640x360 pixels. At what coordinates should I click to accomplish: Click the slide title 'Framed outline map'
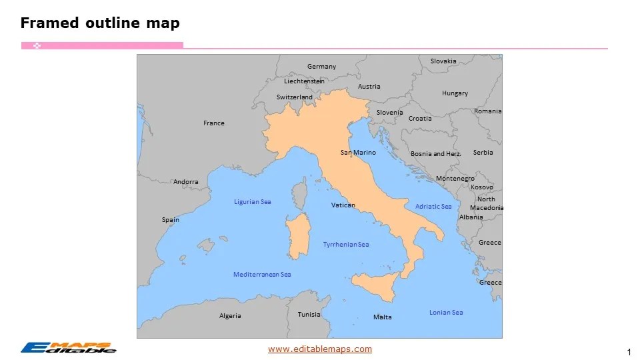point(100,23)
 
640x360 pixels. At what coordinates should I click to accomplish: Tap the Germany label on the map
point(321,67)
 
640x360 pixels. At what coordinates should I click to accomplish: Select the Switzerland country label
point(294,97)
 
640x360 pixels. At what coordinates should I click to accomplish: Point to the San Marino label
point(358,153)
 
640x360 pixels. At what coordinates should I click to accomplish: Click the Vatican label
point(343,205)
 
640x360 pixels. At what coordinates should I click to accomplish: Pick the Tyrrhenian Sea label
point(346,245)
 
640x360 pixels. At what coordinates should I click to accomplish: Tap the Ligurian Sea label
point(252,202)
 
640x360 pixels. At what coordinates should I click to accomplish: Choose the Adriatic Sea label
point(433,207)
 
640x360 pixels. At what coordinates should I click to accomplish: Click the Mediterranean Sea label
point(262,275)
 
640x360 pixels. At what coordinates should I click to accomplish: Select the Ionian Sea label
point(446,313)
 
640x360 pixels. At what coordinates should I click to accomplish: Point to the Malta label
point(383,317)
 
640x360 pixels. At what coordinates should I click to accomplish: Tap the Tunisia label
point(309,315)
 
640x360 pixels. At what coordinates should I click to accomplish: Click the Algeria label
point(230,316)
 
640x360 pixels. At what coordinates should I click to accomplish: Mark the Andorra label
point(186,182)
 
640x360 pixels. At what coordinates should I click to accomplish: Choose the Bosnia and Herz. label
point(436,154)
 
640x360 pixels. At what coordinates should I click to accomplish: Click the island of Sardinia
point(298,237)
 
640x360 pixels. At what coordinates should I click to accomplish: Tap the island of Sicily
point(377,285)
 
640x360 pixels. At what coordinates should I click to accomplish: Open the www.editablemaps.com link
point(320,349)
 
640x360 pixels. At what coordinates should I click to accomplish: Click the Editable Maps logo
point(68,347)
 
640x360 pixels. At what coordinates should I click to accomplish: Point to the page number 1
point(629,351)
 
